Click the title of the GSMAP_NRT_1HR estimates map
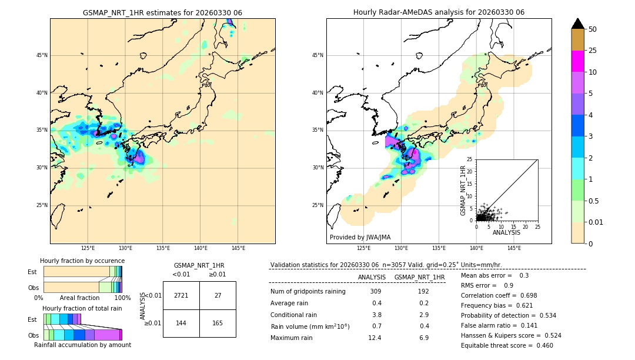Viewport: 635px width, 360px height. (162, 12)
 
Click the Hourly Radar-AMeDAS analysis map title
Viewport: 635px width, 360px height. (439, 12)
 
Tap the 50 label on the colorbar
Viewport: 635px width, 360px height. (593, 29)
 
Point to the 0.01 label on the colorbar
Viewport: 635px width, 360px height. (596, 222)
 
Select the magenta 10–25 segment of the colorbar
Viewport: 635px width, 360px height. (577, 61)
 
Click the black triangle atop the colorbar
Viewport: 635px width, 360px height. (577, 24)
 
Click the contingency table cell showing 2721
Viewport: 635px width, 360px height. (181, 295)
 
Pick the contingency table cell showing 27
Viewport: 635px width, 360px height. (218, 295)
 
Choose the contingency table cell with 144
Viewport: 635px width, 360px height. (181, 323)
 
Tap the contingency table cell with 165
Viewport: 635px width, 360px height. (218, 323)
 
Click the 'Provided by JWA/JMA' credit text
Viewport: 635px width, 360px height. (360, 238)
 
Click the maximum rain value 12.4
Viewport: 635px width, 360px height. (375, 338)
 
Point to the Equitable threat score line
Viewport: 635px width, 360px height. (507, 345)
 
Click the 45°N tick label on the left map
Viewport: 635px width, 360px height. (41, 55)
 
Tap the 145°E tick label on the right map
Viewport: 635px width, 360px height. (514, 248)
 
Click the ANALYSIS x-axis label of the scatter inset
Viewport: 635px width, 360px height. (506, 233)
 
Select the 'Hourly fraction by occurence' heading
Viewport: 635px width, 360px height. (82, 261)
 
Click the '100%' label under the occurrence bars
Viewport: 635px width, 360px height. (122, 298)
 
